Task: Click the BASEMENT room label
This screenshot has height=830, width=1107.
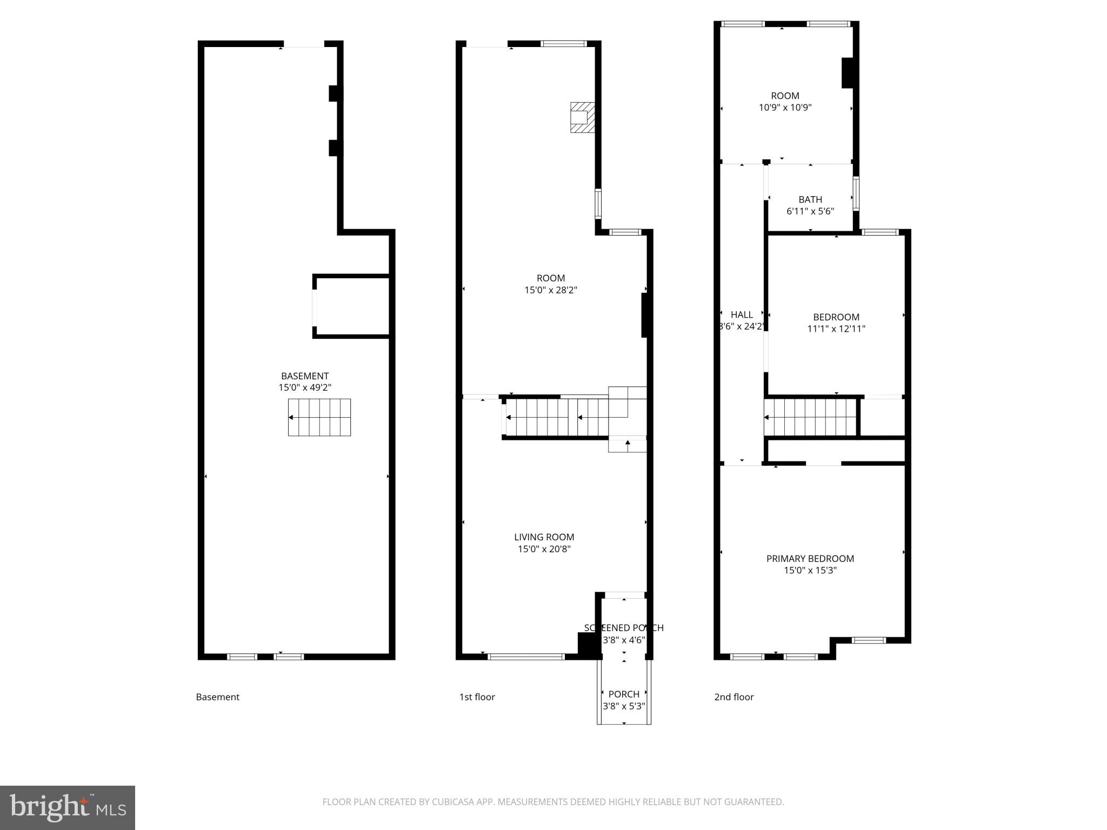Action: point(305,376)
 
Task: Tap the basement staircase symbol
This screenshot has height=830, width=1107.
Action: point(319,417)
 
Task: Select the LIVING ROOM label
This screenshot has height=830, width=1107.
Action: point(544,537)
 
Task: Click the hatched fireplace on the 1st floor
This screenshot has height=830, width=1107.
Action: point(582,117)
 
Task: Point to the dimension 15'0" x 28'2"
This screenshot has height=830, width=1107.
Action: point(551,290)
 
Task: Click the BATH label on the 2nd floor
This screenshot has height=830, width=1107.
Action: point(810,199)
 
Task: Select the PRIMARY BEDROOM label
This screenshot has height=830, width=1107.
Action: point(810,559)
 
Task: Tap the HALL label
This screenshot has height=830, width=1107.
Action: point(742,314)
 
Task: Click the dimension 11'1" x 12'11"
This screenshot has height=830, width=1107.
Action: point(836,329)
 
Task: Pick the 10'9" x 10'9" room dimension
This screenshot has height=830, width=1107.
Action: point(785,108)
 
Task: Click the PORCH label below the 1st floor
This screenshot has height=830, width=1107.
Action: point(624,694)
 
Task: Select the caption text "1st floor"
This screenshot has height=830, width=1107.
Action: point(477,697)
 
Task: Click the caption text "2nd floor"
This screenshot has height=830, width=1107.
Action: point(733,697)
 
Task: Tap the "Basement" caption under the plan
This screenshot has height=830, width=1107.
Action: point(217,697)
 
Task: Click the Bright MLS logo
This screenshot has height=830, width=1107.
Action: point(68,808)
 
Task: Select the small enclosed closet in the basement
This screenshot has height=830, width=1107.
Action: point(352,306)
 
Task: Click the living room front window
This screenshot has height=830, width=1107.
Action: point(526,657)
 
